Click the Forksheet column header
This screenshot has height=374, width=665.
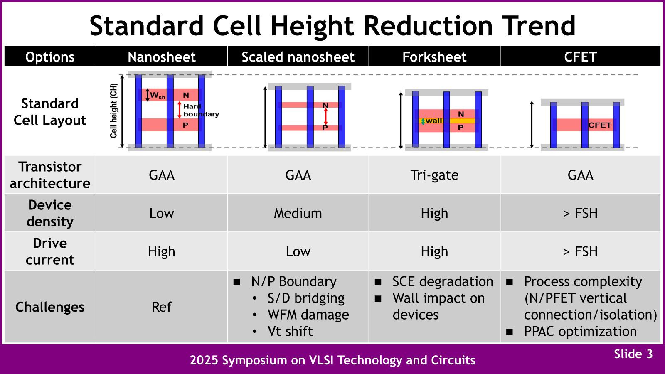(x=434, y=57)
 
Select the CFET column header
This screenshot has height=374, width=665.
(x=580, y=57)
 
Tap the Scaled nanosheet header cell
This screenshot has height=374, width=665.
(x=298, y=57)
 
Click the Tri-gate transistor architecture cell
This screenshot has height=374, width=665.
(x=434, y=175)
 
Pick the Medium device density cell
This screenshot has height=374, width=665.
(x=298, y=213)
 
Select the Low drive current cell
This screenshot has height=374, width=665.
(x=298, y=251)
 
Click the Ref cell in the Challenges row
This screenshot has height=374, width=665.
(x=162, y=307)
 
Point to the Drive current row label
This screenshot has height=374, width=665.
(x=50, y=251)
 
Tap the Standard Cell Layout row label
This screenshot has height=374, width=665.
(x=50, y=112)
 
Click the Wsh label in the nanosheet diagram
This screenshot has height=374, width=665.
(x=157, y=96)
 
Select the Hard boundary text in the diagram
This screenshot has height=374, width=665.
(x=201, y=110)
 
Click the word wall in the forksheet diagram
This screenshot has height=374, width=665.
(x=434, y=121)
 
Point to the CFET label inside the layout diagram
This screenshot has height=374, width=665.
(x=600, y=125)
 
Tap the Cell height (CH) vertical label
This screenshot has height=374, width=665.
(x=114, y=111)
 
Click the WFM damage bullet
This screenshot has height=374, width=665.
(x=308, y=315)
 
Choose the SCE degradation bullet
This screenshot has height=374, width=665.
(x=443, y=281)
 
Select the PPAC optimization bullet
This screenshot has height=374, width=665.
(x=580, y=331)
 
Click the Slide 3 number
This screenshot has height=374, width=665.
(x=633, y=354)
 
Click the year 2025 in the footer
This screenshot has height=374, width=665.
(x=204, y=360)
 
